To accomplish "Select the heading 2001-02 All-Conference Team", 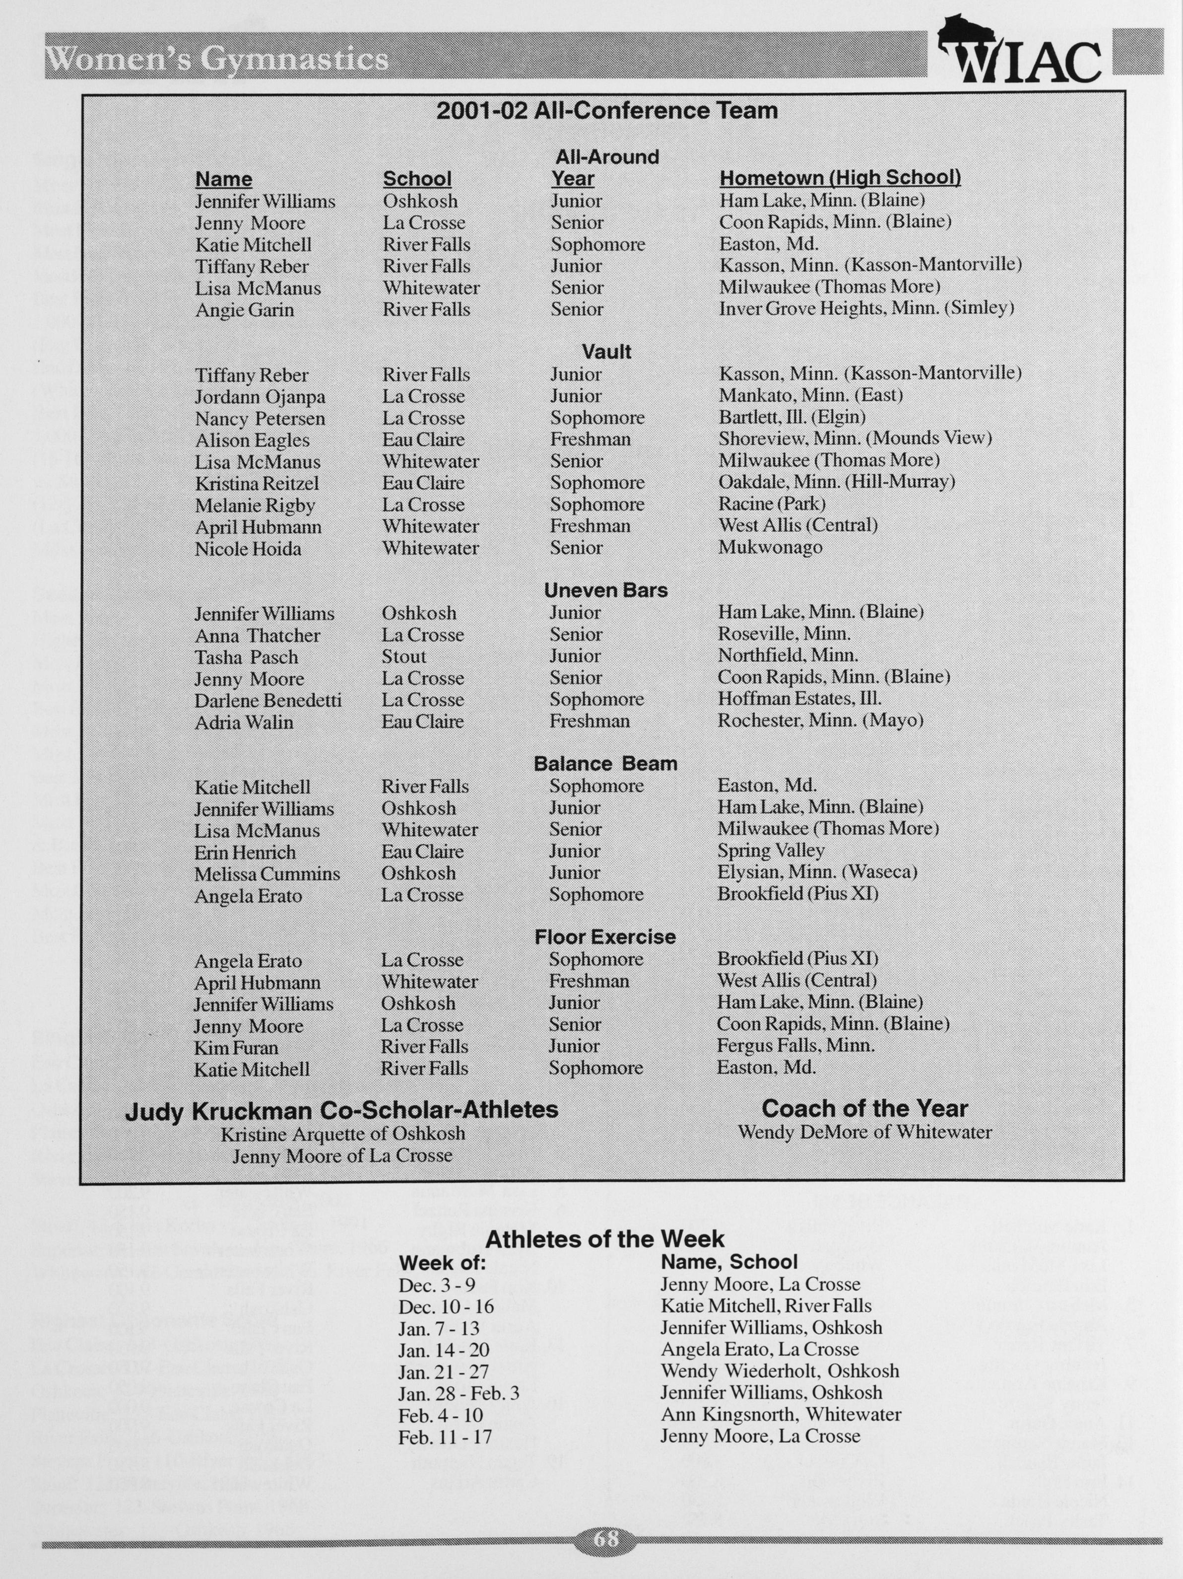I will (606, 111).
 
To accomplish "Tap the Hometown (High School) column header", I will (840, 178).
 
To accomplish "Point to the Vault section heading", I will (606, 351).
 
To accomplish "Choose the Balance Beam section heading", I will (605, 764).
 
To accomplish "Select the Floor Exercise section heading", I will (605, 936).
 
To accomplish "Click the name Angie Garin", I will (244, 310).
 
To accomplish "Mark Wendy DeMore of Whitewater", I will (864, 1132).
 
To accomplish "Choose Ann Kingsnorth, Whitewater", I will (781, 1414).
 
